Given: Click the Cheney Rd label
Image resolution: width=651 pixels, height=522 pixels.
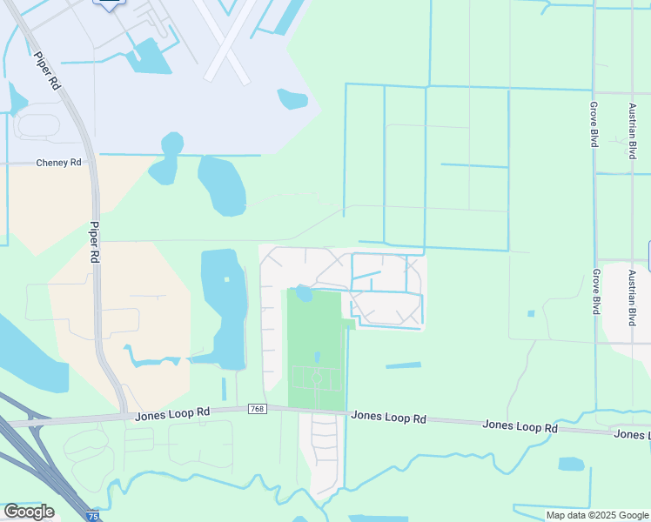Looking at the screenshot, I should coord(58,163).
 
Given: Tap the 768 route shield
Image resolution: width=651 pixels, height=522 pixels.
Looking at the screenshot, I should coord(257,409).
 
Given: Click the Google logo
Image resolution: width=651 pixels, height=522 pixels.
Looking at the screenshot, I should coord(29,512).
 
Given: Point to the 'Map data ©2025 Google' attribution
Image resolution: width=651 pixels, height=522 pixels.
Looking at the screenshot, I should coord(597,515).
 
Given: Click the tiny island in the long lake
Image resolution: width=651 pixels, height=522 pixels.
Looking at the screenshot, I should coord(226,279).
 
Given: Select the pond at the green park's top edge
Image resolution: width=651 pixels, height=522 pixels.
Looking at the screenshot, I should coord(303,293).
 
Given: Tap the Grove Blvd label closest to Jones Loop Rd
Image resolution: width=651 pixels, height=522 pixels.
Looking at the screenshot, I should coord(597,292).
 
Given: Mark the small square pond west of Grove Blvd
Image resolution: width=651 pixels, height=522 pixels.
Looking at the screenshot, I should coord(531,313).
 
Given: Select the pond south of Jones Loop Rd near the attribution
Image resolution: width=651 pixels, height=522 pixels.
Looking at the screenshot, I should coord(571,464).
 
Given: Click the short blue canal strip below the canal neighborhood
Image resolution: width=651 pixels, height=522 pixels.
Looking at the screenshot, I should coord(403,365).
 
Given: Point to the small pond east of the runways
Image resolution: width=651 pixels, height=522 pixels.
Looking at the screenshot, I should coord(293,99).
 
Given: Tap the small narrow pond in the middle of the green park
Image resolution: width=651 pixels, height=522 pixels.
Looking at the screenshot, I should coord(317,358).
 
